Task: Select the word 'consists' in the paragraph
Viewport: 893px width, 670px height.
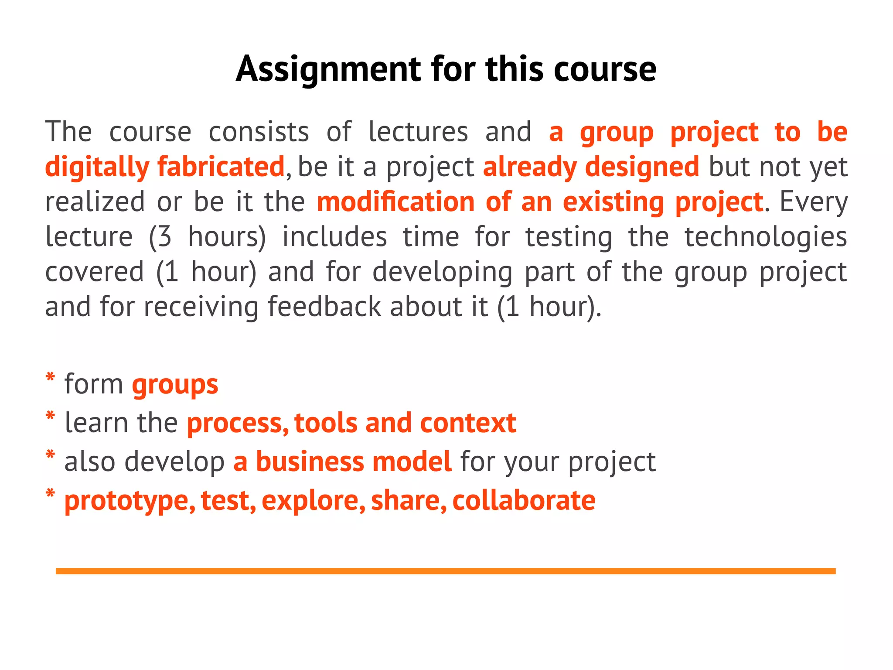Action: pos(259,132)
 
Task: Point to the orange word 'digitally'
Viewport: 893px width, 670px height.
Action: pos(97,167)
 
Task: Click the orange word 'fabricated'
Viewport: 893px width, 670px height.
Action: pos(221,167)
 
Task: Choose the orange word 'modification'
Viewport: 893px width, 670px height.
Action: pos(395,202)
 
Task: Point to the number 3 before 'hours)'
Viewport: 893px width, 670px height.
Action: pos(164,237)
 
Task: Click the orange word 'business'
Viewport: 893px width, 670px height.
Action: pos(309,461)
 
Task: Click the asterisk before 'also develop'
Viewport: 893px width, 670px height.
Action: pos(50,455)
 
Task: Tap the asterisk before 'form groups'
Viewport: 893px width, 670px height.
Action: pos(50,377)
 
